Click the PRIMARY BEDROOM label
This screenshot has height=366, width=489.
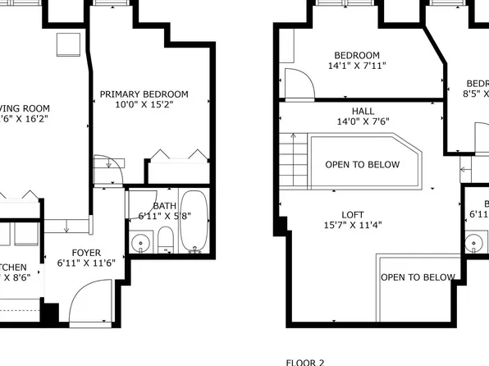click(144, 94)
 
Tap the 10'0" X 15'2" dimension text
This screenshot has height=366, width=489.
click(144, 105)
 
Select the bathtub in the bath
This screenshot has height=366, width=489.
click(194, 222)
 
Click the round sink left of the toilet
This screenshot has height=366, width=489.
click(141, 242)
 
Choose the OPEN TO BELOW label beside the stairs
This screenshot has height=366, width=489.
click(363, 164)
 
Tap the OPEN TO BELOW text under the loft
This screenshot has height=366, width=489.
click(417, 277)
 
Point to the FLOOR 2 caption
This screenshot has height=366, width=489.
click(305, 361)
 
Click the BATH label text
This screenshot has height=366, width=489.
click(165, 206)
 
